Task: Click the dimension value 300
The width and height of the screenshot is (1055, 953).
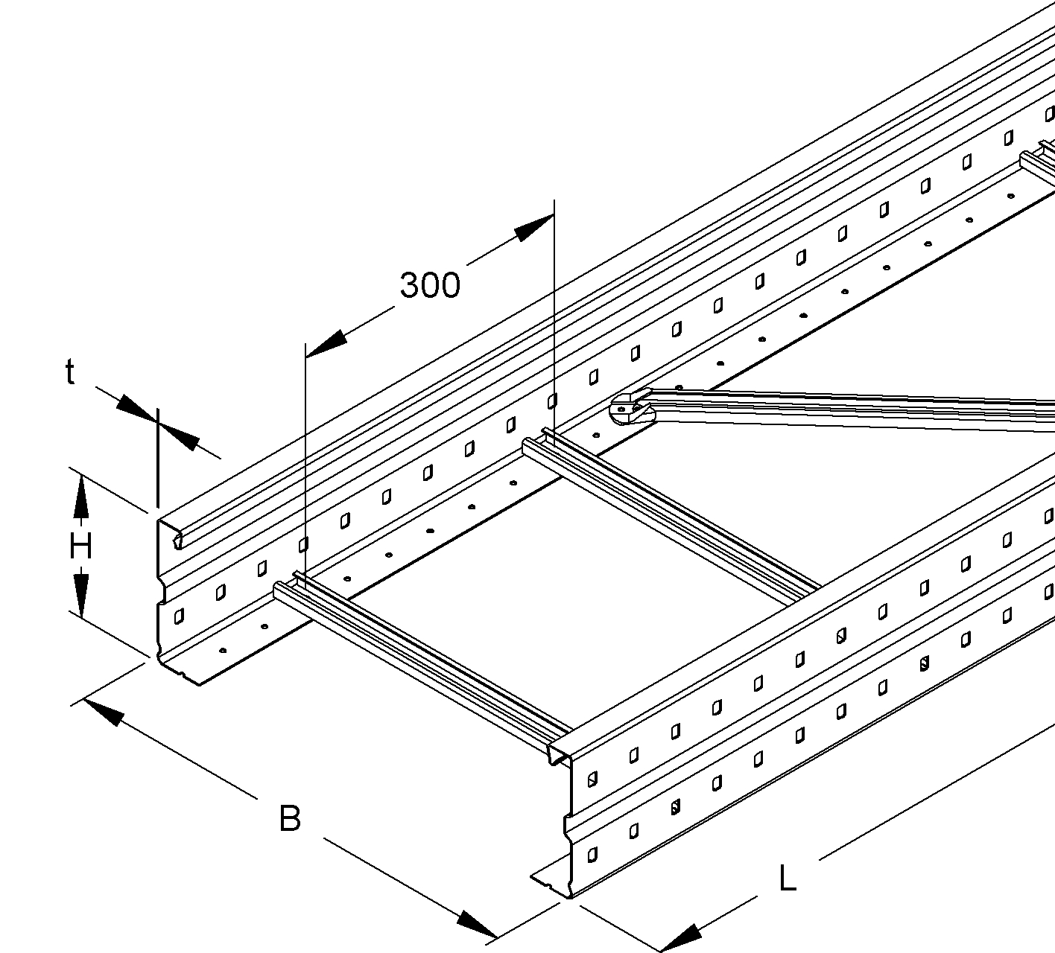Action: pos(430,285)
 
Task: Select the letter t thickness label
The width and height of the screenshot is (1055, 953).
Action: pos(70,372)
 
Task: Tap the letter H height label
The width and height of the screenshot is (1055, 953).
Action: pos(80,548)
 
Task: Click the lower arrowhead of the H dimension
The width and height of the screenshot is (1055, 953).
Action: pos(80,596)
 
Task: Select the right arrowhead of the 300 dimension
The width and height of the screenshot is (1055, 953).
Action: pos(533,226)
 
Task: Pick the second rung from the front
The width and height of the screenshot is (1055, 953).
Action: pos(671,514)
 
